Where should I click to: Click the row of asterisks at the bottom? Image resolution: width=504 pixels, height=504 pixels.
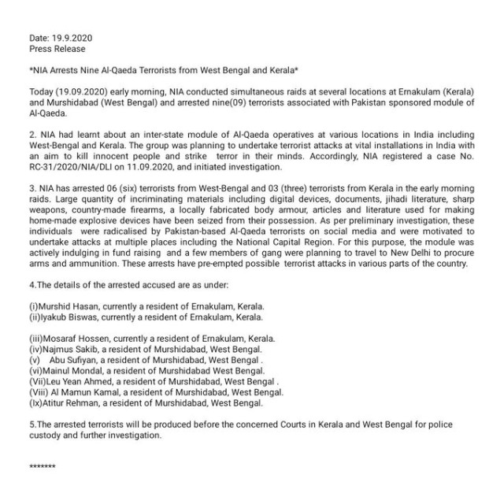click(42, 467)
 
